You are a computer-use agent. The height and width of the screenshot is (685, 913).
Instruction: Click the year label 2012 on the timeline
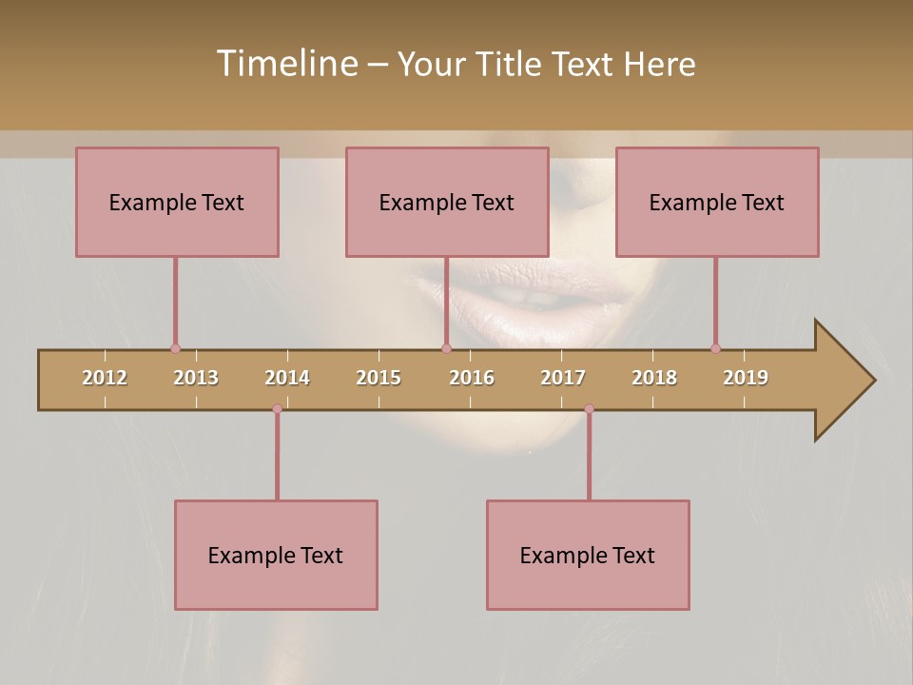(x=105, y=378)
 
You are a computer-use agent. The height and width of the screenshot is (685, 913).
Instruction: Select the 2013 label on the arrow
(x=196, y=378)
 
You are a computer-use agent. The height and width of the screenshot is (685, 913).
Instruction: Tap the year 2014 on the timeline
(x=287, y=378)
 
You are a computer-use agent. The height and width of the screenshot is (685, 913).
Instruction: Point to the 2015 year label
(x=379, y=378)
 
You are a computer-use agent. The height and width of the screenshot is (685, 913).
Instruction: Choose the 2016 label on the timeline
(x=472, y=378)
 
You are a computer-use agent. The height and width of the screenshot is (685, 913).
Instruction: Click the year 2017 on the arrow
(x=563, y=378)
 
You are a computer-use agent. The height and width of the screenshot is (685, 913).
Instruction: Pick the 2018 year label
(x=654, y=378)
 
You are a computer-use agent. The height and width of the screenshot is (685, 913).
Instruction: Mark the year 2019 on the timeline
(x=746, y=378)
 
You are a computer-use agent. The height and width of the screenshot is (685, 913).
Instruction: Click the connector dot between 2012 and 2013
(x=175, y=349)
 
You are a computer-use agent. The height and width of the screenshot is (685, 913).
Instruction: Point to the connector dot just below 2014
(x=277, y=409)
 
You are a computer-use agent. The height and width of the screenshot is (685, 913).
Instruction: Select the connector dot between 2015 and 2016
(x=446, y=349)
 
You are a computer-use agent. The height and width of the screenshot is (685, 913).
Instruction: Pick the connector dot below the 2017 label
(x=589, y=409)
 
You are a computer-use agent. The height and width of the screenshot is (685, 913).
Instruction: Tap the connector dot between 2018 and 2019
(x=715, y=349)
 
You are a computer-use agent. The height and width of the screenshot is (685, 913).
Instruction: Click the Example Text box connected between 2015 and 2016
(x=447, y=202)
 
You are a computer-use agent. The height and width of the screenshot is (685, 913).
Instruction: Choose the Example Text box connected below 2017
(x=588, y=555)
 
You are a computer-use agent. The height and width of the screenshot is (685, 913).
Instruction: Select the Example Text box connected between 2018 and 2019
(x=717, y=202)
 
